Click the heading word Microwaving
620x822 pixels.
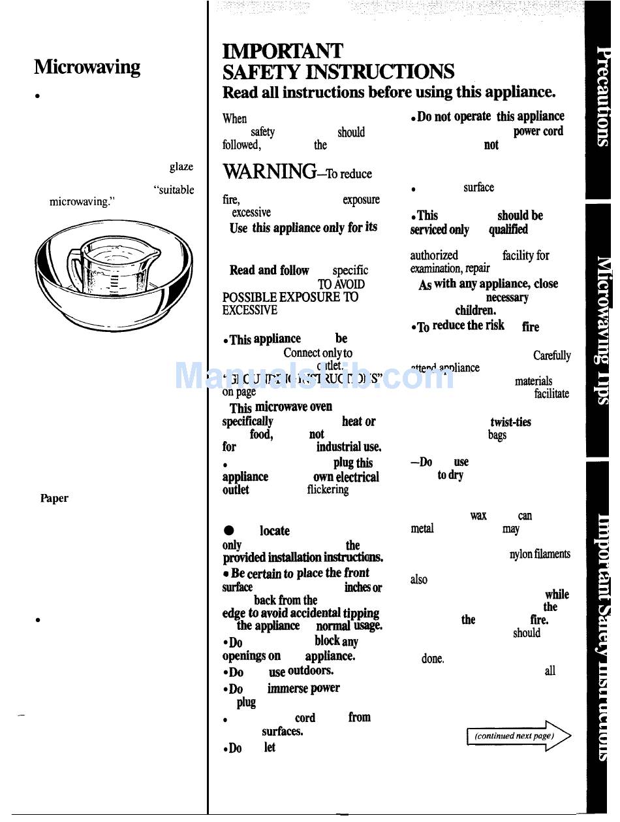tap(87, 67)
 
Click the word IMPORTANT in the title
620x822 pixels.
tap(283, 52)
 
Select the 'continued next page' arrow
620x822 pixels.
tap(518, 736)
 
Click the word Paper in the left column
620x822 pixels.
tap(54, 499)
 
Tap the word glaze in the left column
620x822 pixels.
tap(181, 167)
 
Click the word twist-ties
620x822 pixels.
tap(510, 422)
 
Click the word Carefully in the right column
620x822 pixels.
tap(551, 356)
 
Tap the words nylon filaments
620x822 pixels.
tap(539, 555)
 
